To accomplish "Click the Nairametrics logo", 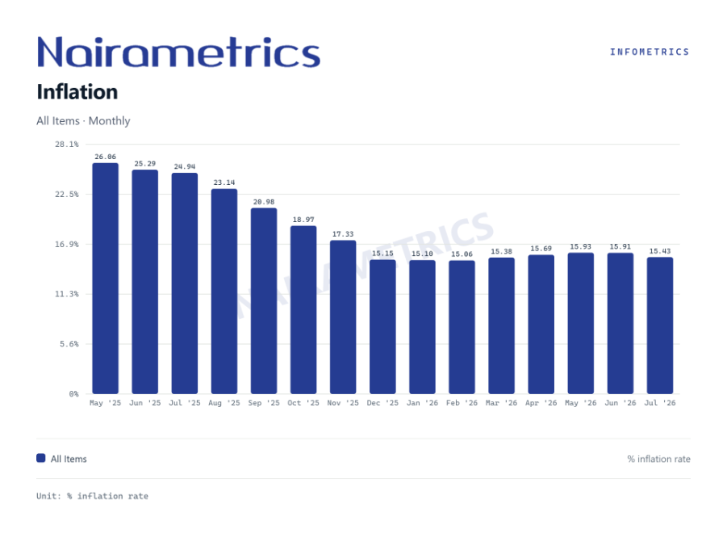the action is [178, 52].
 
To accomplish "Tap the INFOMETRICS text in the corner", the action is [650, 52].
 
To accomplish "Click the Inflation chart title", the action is [77, 92].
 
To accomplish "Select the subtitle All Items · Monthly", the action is [83, 121].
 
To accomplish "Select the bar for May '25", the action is [105, 279].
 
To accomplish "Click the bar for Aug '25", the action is [224, 292].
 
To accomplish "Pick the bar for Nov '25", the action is [343, 317].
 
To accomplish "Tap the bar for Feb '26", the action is [462, 327].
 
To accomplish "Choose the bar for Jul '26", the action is [660, 325].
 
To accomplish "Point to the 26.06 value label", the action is [105, 157].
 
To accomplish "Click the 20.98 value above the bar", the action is [264, 202].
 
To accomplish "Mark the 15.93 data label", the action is [580, 247].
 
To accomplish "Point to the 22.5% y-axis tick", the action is [67, 195].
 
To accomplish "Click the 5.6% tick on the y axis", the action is [69, 344].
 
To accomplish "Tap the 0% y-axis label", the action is [73, 394].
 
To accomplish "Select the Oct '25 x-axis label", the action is [303, 403].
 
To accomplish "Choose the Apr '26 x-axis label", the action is [541, 403].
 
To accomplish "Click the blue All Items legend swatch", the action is [41, 459].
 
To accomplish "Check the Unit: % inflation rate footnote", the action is [92, 496].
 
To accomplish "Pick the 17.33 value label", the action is [343, 234].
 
